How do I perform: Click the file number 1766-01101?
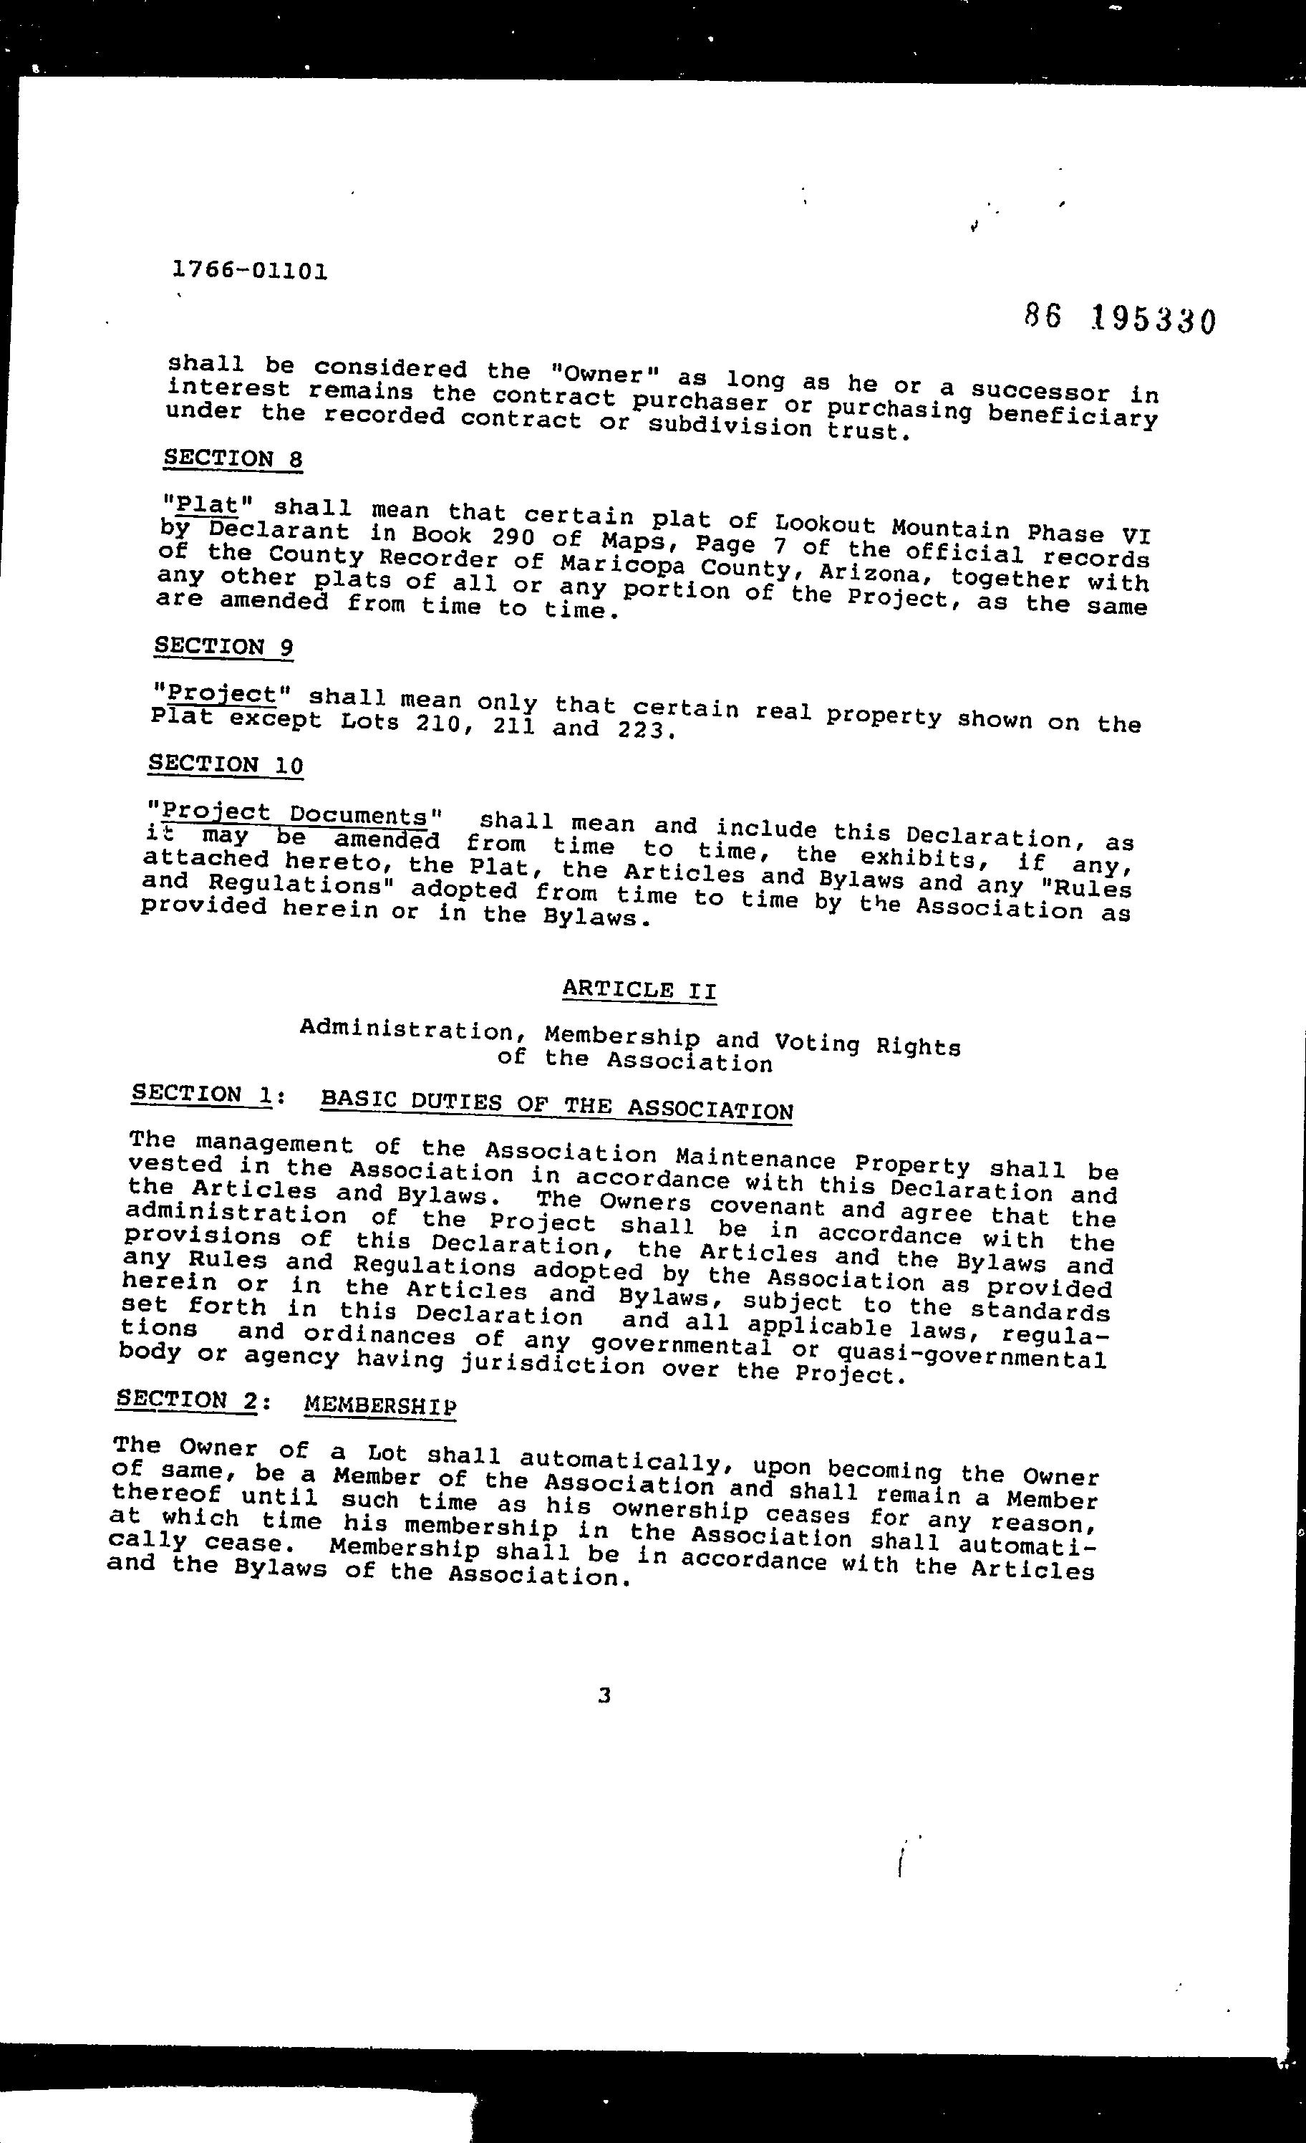click(251, 271)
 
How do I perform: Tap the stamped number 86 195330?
click(1120, 319)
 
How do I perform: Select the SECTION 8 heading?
click(233, 458)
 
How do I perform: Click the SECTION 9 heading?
click(223, 646)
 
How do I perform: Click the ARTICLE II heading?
click(639, 990)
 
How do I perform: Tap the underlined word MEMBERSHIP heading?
click(380, 1405)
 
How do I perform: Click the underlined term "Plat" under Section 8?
click(202, 504)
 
